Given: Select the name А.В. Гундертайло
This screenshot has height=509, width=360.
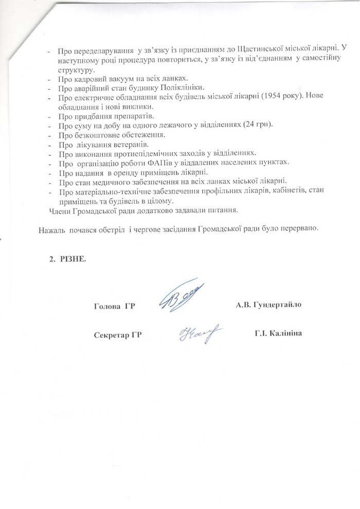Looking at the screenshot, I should [x=268, y=305].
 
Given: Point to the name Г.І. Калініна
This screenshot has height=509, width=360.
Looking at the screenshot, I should [x=278, y=334].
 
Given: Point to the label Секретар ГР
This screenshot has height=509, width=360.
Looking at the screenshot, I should [x=118, y=334].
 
